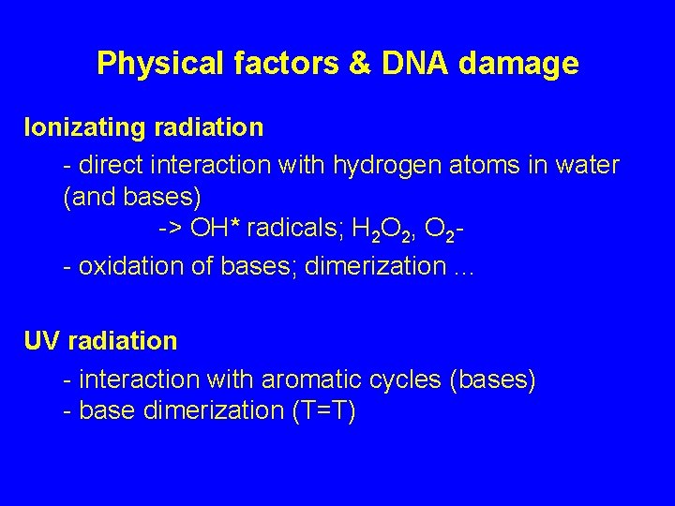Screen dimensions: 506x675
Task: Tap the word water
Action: click(589, 166)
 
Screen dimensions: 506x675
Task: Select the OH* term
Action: click(214, 231)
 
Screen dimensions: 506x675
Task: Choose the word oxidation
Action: click(122, 266)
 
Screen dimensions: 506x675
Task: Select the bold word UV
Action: click(43, 340)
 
